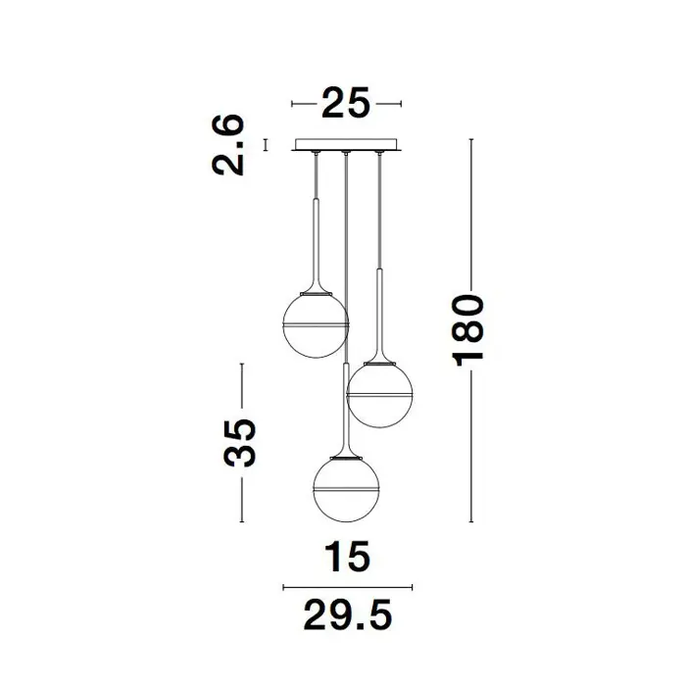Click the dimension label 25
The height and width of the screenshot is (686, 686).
point(346,103)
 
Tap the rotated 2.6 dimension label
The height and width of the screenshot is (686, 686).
point(227,145)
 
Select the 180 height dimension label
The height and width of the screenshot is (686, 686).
point(468,330)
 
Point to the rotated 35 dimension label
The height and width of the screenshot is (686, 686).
point(239,443)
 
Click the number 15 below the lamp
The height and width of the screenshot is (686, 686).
point(347,556)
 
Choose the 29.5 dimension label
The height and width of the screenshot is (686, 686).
point(347,614)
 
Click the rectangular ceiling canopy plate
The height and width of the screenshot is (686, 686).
point(346,144)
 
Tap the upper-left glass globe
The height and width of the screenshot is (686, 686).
point(316,326)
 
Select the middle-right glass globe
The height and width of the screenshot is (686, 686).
point(379,395)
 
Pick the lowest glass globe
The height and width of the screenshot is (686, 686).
point(347,489)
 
